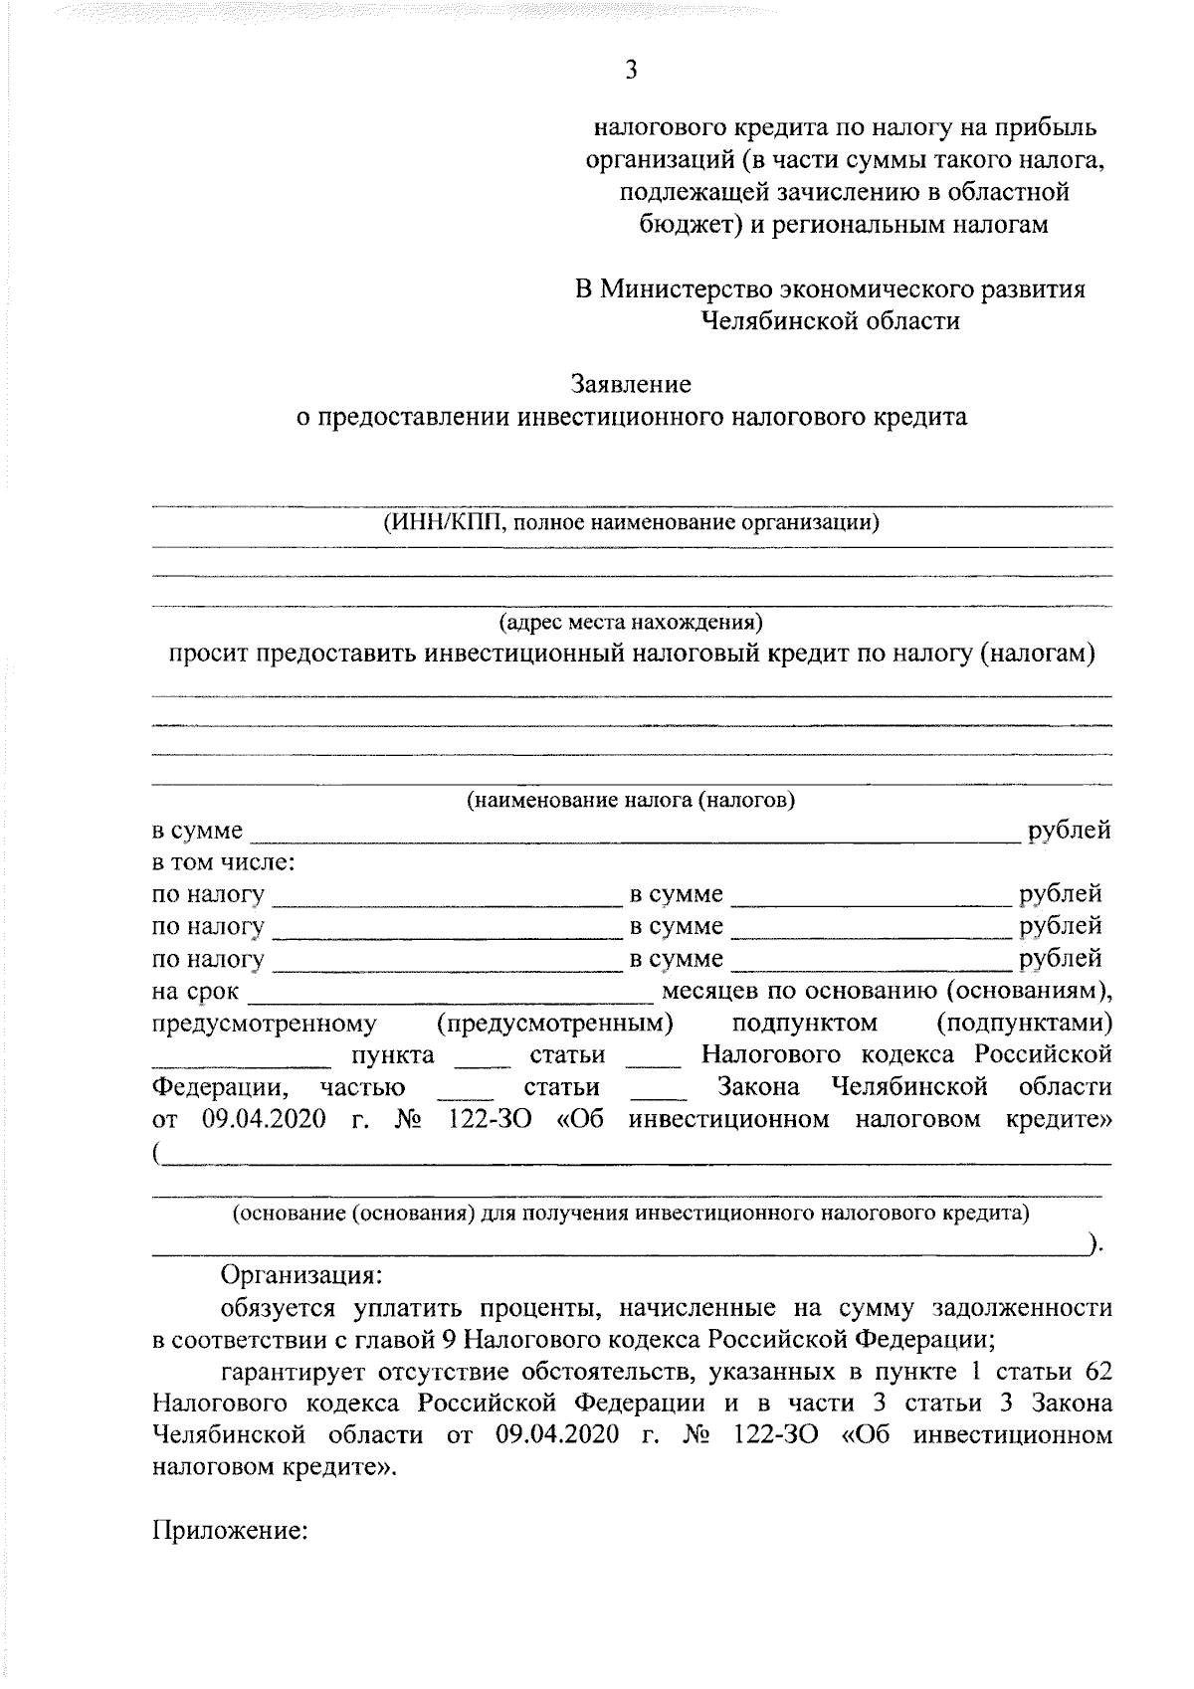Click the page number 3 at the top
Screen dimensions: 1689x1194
click(630, 70)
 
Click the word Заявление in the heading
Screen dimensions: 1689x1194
click(631, 383)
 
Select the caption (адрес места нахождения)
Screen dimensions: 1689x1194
click(631, 623)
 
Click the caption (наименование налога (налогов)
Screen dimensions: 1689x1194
click(631, 800)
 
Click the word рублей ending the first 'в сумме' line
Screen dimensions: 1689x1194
click(1070, 830)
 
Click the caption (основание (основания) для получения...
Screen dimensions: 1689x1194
click(631, 1213)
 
